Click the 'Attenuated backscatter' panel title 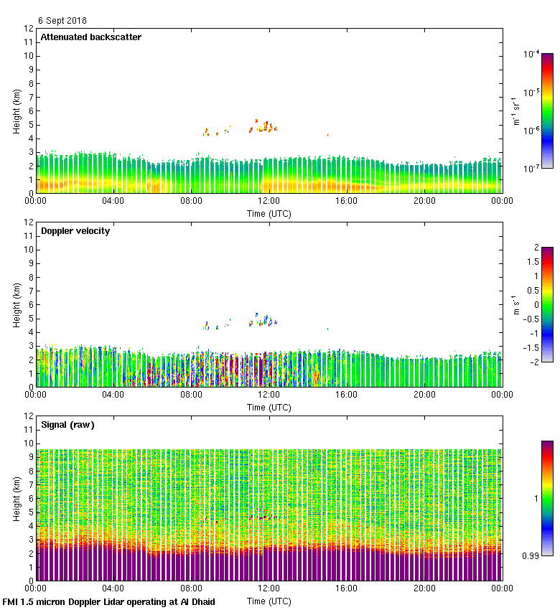pos(90,37)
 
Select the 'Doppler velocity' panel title pos(75,231)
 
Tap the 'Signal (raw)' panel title pos(67,425)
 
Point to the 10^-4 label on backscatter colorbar pos(531,54)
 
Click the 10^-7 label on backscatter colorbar pos(531,168)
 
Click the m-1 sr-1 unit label pos(515,111)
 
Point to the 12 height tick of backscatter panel pos(29,29)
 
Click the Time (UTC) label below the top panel pos(269,214)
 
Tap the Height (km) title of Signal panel pos(16,498)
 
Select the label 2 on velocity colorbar pos(534,248)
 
